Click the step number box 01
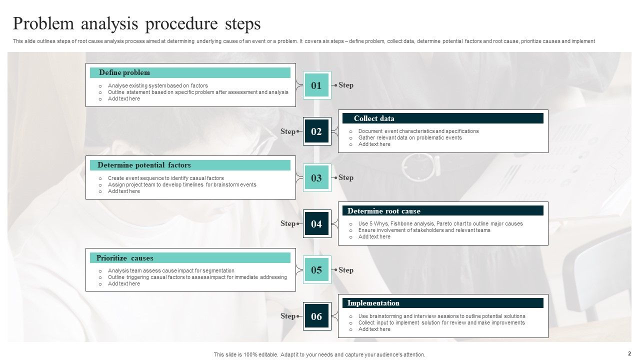(317, 85)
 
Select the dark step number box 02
(317, 131)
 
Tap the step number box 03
(317, 178)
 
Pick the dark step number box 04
(317, 224)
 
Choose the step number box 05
(317, 270)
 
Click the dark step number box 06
(317, 316)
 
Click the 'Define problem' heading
(124, 72)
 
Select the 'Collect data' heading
(374, 118)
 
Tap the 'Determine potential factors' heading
(144, 165)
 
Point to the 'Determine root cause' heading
(384, 211)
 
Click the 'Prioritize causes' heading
(125, 258)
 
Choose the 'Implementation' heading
(373, 303)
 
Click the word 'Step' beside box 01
(346, 85)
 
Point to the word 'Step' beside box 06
(287, 316)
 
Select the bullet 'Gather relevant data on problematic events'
(410, 137)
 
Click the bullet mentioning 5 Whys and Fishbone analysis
(440, 223)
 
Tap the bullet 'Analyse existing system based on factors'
(158, 85)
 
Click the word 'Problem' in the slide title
(44, 24)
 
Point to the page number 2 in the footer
(629, 353)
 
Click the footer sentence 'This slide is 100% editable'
(319, 354)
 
